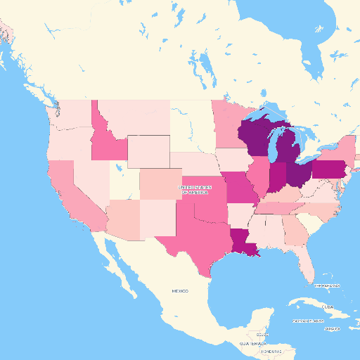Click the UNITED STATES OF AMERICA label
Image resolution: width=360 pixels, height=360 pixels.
click(x=194, y=190)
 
